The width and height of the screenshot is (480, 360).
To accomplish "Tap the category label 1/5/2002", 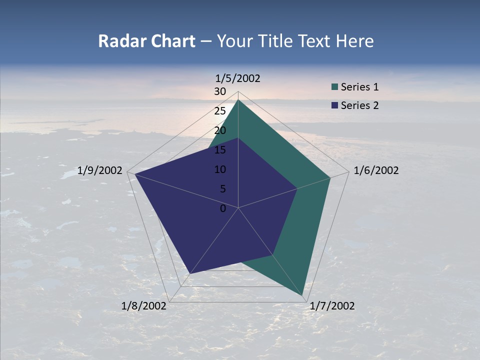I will (238, 78).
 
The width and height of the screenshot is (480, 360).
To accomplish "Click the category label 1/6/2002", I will (376, 170).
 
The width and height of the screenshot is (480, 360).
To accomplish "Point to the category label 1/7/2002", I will (332, 306).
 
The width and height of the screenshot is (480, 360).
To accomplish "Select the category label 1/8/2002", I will (144, 306).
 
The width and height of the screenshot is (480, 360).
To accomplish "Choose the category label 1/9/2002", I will (100, 170).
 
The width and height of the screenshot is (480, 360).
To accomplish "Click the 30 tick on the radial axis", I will (220, 91).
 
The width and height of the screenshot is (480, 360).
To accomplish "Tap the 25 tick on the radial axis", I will (220, 111).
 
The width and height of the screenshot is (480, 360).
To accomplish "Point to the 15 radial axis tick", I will (220, 150).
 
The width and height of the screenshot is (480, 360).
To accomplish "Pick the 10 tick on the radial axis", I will (220, 169).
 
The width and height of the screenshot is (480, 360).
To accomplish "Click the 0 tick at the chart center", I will (223, 208).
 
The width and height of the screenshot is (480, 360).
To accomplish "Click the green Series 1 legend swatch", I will (335, 87).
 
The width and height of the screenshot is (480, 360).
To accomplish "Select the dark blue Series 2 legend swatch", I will (335, 105).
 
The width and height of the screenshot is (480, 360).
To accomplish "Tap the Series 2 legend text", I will (359, 105).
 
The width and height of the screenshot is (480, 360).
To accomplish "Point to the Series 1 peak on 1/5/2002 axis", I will (238, 100).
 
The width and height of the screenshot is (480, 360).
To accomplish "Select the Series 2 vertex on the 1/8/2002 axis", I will (190, 273).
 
